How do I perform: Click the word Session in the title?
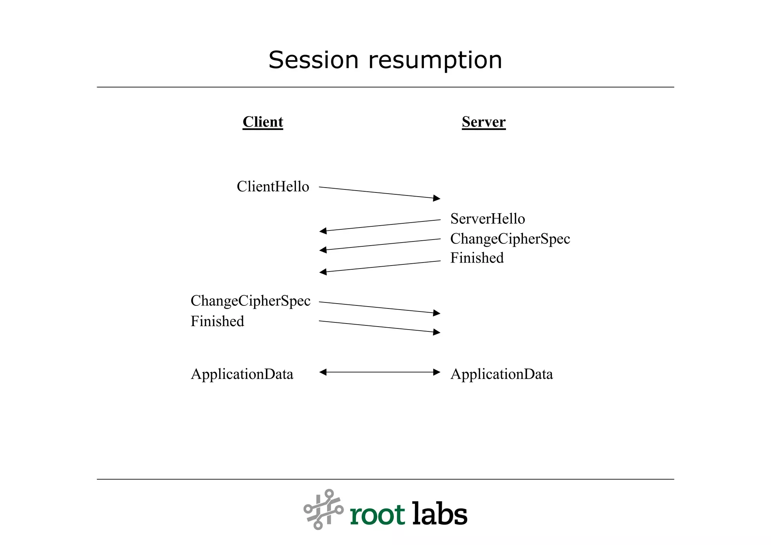(313, 60)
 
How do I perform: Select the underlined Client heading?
(263, 122)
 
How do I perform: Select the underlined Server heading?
(483, 122)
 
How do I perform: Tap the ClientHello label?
(273, 187)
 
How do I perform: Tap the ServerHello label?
(487, 219)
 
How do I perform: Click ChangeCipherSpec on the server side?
(510, 239)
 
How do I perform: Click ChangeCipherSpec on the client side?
(250, 301)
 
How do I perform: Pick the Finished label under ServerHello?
(477, 258)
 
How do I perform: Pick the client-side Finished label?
(217, 321)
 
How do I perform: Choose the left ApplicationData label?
(242, 374)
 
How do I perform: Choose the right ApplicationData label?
(501, 374)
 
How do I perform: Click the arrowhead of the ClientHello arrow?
(437, 198)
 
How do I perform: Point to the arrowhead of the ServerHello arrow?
(323, 231)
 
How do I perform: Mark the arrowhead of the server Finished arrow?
(323, 272)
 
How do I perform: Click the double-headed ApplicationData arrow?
(379, 372)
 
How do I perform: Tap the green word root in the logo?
(377, 515)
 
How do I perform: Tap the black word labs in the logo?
(439, 514)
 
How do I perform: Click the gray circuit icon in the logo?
(323, 509)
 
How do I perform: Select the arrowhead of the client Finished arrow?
(437, 332)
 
